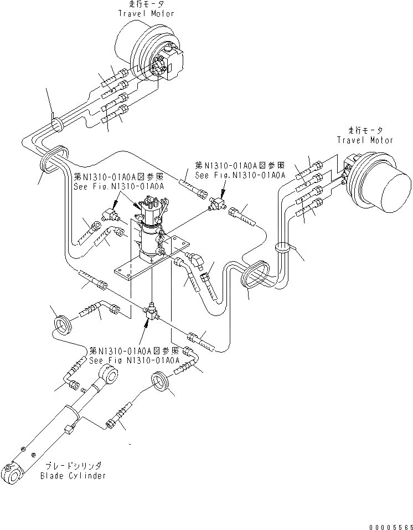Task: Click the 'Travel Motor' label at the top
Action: click(147, 13)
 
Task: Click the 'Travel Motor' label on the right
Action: click(365, 140)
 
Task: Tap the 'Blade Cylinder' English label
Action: click(73, 476)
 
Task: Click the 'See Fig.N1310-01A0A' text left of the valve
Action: click(119, 186)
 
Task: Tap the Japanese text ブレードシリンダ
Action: click(73, 466)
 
